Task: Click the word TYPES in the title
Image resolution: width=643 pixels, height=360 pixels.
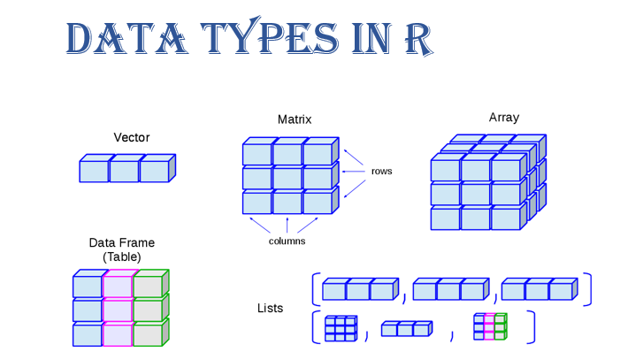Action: point(262,39)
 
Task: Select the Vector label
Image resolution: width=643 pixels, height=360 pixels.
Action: point(132,137)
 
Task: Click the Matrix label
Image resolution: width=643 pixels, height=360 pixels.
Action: point(295,119)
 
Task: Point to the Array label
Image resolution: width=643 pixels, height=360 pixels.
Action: point(504,117)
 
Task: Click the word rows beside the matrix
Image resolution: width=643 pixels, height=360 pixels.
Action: point(381,171)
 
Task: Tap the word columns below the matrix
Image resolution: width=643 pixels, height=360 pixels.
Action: point(287,241)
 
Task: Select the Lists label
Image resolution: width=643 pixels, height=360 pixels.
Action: point(270,308)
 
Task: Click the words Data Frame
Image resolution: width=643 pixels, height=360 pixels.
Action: point(121,242)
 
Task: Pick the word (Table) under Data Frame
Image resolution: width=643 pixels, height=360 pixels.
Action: point(121,257)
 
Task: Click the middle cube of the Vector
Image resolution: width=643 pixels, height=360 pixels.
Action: point(124,171)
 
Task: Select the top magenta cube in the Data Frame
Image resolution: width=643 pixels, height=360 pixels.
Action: point(117,287)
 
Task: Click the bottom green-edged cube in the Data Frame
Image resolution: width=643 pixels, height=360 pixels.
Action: point(148,334)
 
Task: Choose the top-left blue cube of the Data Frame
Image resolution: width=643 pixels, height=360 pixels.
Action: point(87,287)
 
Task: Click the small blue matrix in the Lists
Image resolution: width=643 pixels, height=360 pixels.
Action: point(340,328)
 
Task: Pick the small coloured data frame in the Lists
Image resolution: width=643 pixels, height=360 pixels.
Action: point(489,327)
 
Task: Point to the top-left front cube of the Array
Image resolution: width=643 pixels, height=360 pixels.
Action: point(445,169)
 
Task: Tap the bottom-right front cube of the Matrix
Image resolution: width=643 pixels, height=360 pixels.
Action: point(317,203)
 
